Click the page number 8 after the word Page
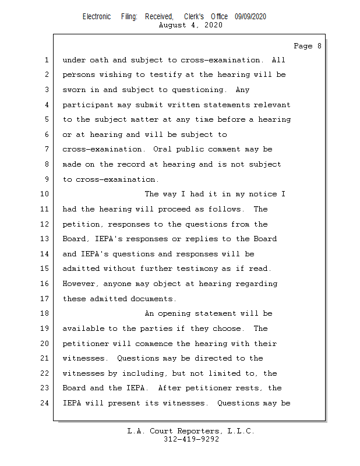click(319, 46)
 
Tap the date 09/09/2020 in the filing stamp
click(250, 17)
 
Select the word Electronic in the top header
click(97, 17)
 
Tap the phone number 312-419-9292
click(191, 439)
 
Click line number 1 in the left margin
click(47, 60)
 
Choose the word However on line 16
click(80, 284)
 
